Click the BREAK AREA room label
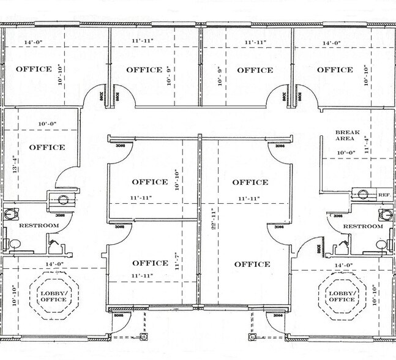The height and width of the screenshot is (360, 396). click(x=346, y=135)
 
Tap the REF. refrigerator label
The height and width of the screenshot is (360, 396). click(x=384, y=195)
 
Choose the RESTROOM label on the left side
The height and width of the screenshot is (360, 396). click(x=39, y=226)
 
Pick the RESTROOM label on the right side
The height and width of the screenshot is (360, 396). click(x=362, y=226)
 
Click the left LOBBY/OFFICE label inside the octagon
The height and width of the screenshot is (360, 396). click(x=54, y=296)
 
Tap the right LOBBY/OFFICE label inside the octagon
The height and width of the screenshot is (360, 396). click(x=341, y=296)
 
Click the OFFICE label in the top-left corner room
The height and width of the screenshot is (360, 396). click(x=34, y=69)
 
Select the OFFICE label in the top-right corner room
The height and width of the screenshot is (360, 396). click(x=335, y=70)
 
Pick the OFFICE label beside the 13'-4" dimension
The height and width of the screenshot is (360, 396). click(x=47, y=148)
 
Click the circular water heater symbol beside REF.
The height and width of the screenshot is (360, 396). click(x=363, y=195)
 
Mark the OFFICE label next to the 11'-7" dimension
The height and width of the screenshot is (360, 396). click(x=150, y=263)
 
